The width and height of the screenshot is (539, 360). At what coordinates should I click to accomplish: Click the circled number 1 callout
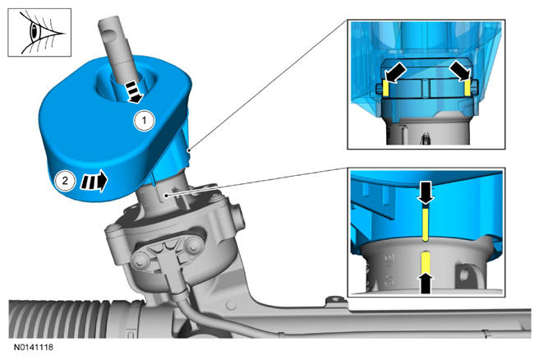[x=144, y=121]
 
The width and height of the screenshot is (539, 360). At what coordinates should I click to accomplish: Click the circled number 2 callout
[x=65, y=180]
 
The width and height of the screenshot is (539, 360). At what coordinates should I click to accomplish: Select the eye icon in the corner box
[x=39, y=33]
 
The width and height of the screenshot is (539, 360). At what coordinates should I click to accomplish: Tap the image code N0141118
[x=34, y=347]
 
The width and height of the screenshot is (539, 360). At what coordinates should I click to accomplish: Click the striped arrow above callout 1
[x=134, y=91]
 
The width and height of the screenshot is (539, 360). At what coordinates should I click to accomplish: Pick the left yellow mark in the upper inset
[x=385, y=88]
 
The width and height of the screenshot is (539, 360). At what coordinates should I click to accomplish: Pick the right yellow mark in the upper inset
[x=468, y=88]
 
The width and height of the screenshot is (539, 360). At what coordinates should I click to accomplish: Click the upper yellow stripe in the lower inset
[x=426, y=224]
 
